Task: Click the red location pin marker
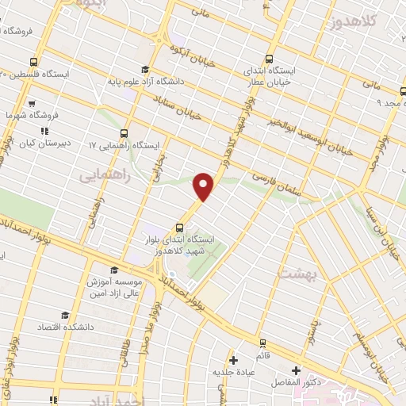[204, 185]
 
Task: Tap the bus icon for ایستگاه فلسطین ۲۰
[33, 61]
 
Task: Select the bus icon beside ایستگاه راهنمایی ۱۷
[124, 133]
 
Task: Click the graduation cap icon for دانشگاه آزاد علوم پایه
[144, 70]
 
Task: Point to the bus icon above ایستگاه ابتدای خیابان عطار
[269, 59]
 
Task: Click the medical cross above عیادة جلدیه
[232, 359]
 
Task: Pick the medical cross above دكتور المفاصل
[297, 370]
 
